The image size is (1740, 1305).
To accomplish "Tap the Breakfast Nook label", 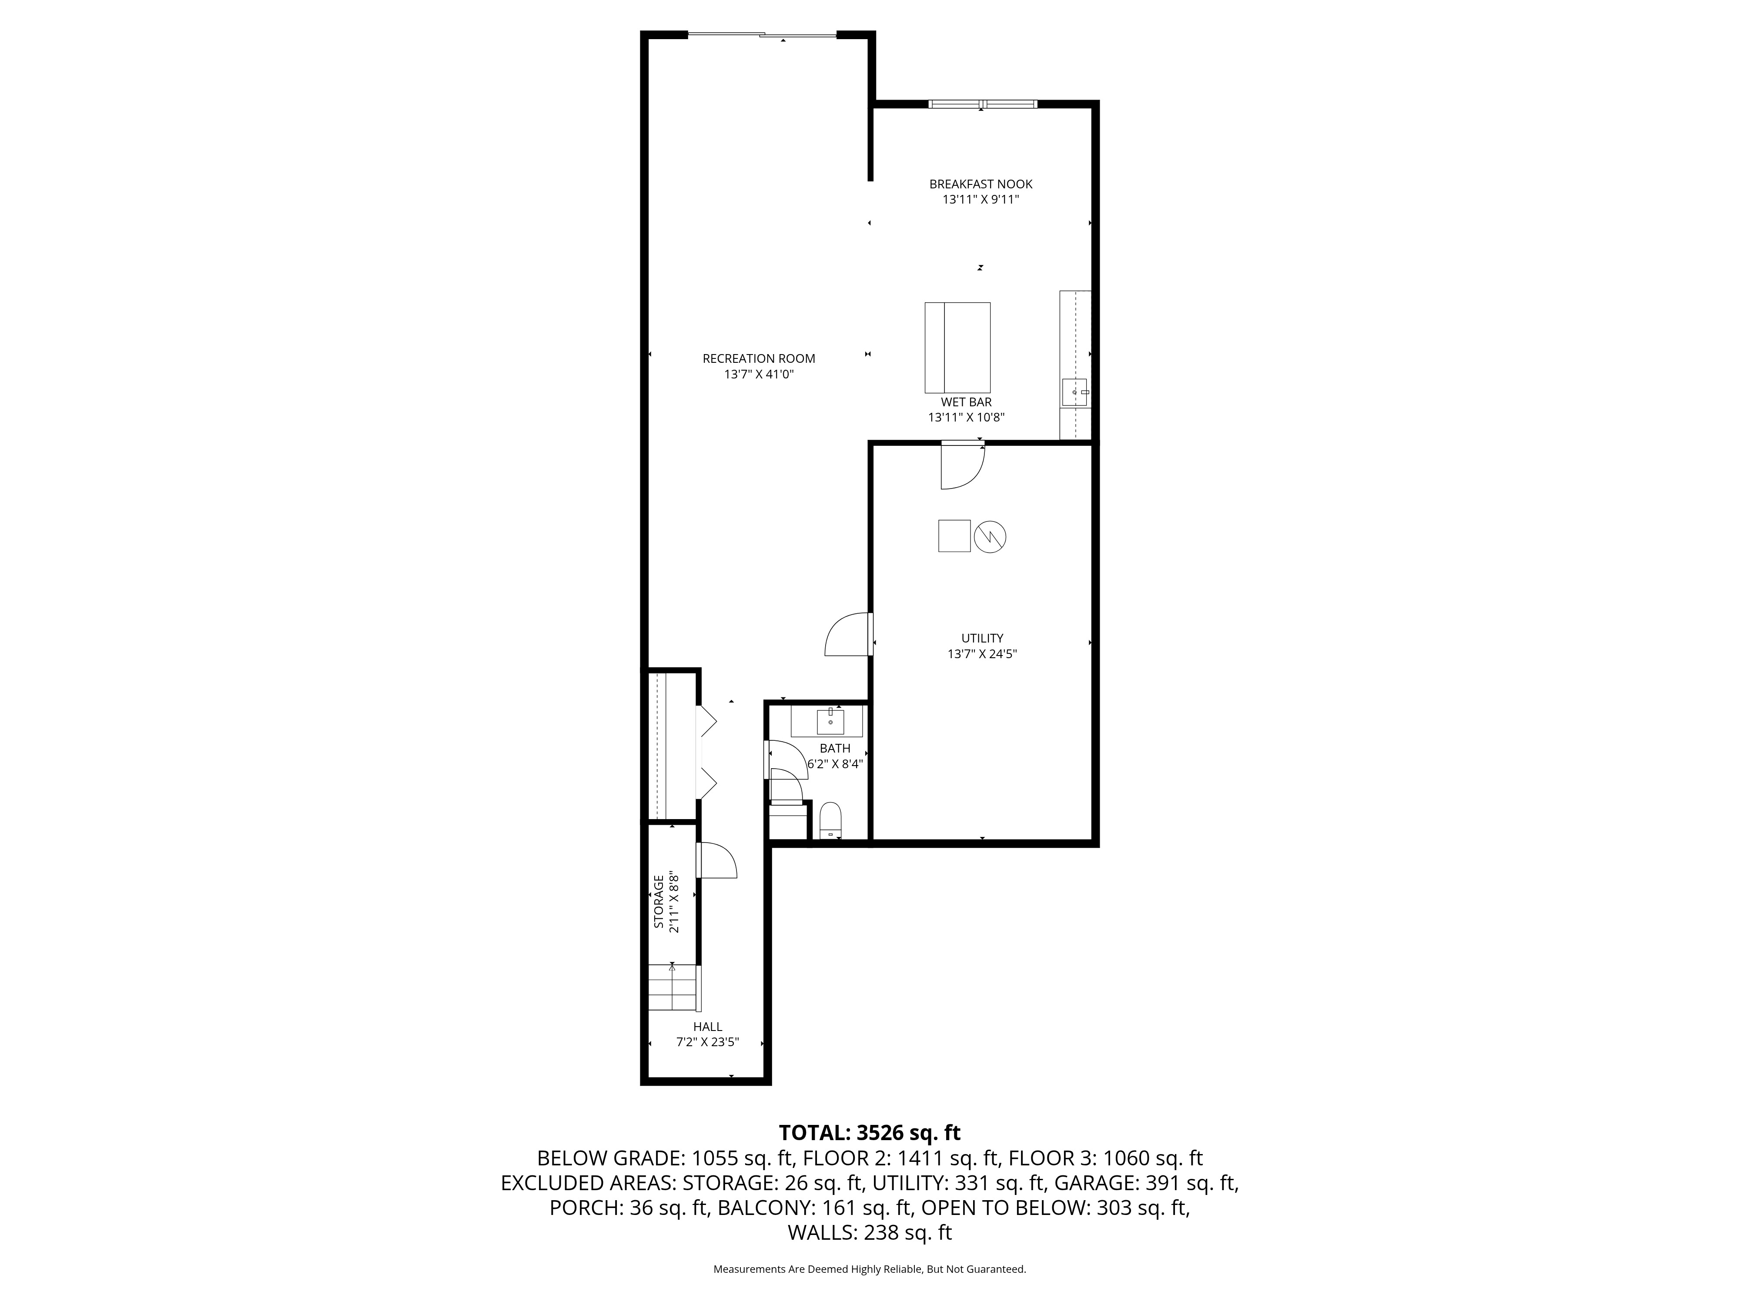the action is click(981, 184).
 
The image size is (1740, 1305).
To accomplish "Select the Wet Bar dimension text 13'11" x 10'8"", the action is click(966, 418).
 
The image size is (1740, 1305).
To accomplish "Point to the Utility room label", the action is click(983, 638).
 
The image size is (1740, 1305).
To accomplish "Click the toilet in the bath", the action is click(831, 820).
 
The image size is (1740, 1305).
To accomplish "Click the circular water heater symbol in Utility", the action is click(990, 537).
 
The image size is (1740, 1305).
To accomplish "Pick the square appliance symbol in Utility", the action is click(954, 535).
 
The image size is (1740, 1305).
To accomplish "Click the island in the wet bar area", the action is click(957, 348).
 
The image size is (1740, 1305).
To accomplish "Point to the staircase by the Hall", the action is click(673, 987).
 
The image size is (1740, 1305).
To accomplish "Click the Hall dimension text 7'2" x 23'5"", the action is click(708, 1042).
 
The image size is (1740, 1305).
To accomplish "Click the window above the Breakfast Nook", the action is click(983, 104).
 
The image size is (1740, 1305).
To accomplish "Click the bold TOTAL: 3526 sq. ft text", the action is click(869, 1133).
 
